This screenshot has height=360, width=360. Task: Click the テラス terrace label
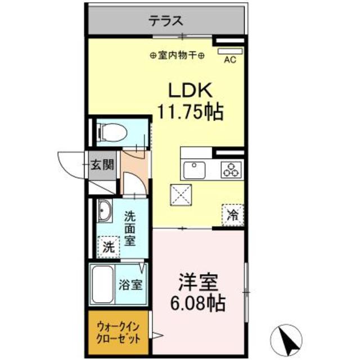pyautogui.click(x=166, y=22)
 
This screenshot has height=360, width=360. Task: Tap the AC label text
pyautogui.click(x=229, y=60)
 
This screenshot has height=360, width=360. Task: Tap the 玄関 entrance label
pyautogui.click(x=103, y=165)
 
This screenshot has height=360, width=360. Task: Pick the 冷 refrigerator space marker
pyautogui.click(x=232, y=214)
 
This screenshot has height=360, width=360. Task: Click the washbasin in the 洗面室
pyautogui.click(x=103, y=211)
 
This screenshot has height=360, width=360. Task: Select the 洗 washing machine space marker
pyautogui.click(x=109, y=246)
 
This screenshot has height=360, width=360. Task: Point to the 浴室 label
pyautogui.click(x=130, y=285)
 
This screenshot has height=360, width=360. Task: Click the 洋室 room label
pyautogui.click(x=198, y=281)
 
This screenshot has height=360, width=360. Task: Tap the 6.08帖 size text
pyautogui.click(x=198, y=304)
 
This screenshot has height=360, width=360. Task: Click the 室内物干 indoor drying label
pyautogui.click(x=178, y=55)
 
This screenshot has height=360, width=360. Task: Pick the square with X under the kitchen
pyautogui.click(x=181, y=196)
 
